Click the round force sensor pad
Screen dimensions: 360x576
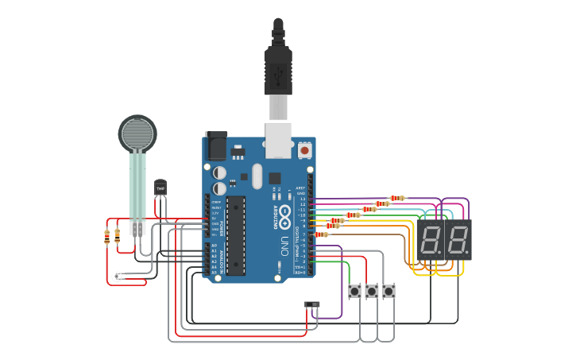click(x=137, y=134)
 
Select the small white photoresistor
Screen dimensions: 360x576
click(x=117, y=276)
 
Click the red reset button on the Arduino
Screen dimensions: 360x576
click(x=304, y=149)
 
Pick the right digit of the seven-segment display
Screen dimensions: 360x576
click(x=458, y=239)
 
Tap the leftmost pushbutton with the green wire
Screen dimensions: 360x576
click(x=354, y=292)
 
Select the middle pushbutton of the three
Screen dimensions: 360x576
click(x=372, y=292)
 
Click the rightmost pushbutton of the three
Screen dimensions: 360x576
click(x=389, y=292)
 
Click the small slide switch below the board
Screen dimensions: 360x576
click(x=312, y=304)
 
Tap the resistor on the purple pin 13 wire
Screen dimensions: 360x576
click(x=397, y=198)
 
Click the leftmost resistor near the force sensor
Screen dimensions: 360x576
click(x=106, y=235)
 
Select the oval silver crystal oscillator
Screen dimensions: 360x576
click(x=256, y=176)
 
